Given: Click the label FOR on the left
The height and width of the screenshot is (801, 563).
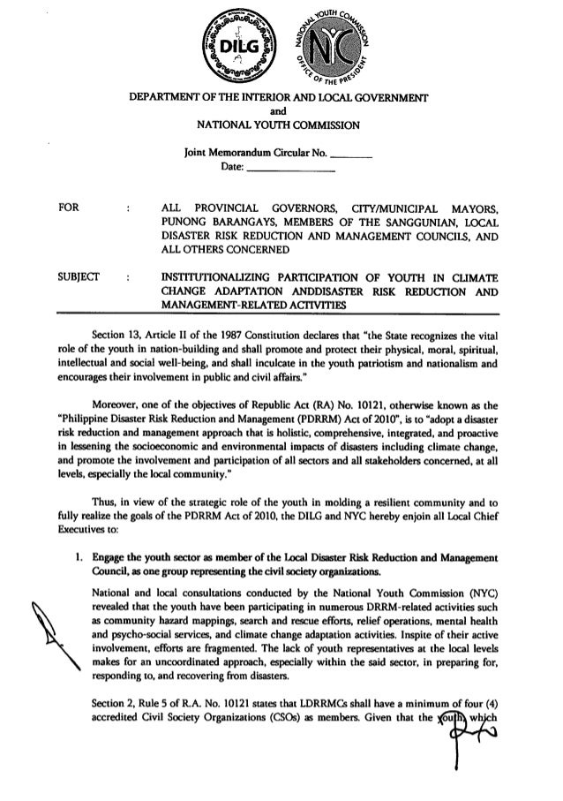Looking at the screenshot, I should pos(69,208).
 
